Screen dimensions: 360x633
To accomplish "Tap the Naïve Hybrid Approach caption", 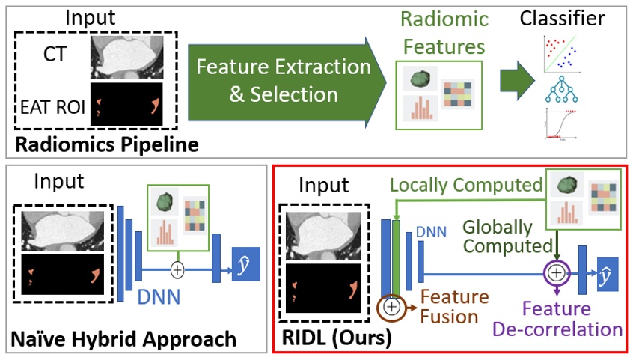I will (x=123, y=339).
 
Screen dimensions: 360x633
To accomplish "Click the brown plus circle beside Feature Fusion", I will (x=391, y=306).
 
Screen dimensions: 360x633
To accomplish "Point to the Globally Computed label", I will (x=498, y=237).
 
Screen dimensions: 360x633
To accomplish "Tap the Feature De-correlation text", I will (x=572, y=319).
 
